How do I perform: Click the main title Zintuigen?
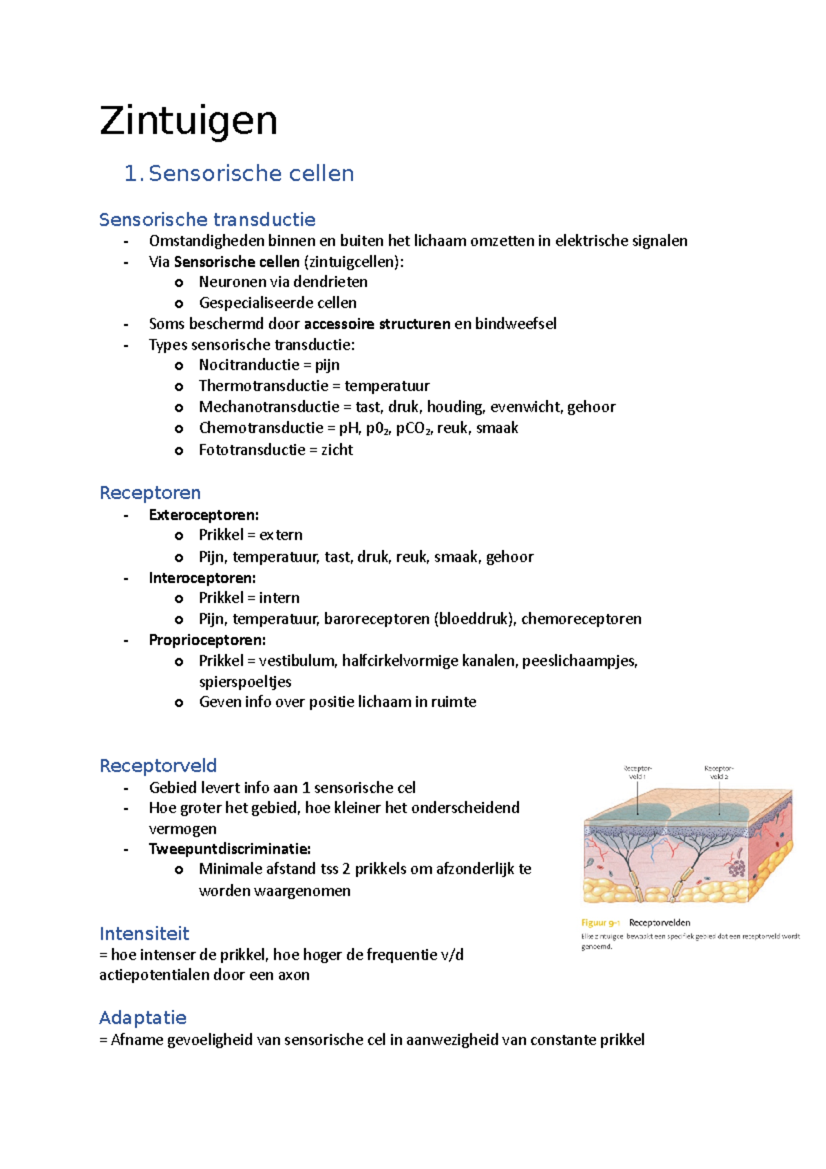(188, 121)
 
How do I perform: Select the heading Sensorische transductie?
(207, 220)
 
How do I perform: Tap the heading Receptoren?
(150, 493)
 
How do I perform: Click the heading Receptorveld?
(158, 766)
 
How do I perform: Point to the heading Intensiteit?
(144, 934)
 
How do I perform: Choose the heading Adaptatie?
(142, 1018)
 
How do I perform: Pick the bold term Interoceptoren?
(202, 578)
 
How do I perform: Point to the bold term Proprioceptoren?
(207, 640)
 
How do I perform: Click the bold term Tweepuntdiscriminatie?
(230, 849)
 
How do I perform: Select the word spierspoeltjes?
(245, 682)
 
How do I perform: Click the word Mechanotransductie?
(269, 407)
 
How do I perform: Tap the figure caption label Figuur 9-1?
(601, 923)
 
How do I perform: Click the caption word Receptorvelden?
(659, 923)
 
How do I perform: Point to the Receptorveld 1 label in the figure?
(637, 772)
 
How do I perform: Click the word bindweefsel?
(516, 324)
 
